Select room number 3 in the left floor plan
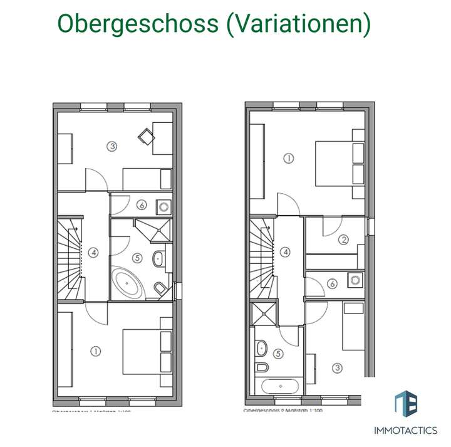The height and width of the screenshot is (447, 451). coord(111,147)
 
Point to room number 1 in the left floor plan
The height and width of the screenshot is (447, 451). coord(95,351)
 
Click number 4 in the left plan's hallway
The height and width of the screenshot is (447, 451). coord(93,253)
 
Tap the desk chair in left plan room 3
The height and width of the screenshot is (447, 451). coord(146,135)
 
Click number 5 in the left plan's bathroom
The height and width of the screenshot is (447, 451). coord(137,256)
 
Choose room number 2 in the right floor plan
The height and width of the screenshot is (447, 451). coord(343,239)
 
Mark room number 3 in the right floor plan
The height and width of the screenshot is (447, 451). coord(338,368)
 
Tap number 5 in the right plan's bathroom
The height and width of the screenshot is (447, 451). coord(278,354)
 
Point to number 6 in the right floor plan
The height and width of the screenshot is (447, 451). coord(332,283)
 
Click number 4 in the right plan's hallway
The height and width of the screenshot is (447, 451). coord(286,253)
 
